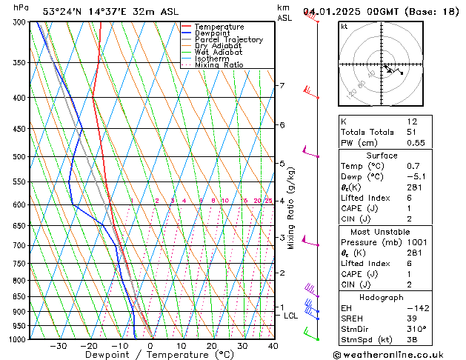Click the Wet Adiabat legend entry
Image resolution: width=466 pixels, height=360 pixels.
click(219, 52)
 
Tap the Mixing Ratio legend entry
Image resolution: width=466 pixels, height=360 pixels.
click(219, 65)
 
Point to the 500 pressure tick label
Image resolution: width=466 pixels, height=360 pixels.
click(20, 157)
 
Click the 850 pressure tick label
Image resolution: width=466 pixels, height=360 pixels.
click(20, 297)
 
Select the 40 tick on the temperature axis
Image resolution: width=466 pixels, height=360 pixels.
click(273, 346)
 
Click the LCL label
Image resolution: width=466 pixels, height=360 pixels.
click(291, 316)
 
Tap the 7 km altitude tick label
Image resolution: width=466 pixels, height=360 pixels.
click(282, 86)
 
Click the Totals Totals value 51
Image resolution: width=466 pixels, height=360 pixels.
click(412, 132)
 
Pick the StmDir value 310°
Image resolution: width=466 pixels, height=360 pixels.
click(415, 330)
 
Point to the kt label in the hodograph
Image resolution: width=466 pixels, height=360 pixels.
click(344, 27)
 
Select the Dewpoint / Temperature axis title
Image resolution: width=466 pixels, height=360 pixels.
click(150, 355)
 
